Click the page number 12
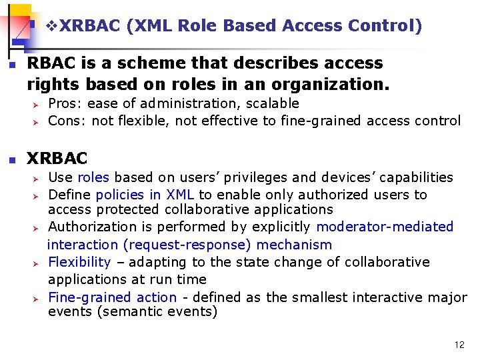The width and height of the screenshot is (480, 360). tap(459, 345)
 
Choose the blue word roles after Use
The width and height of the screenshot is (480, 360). tap(95, 177)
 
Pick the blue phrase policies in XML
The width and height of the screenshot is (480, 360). tap(145, 195)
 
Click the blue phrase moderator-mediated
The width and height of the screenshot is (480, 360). tap(385, 227)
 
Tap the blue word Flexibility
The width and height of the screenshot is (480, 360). tap(79, 262)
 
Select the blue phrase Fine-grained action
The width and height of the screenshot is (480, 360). tap(112, 297)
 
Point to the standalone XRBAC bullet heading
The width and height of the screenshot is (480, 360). tap(57, 159)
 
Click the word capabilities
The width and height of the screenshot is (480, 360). tap(412, 177)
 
